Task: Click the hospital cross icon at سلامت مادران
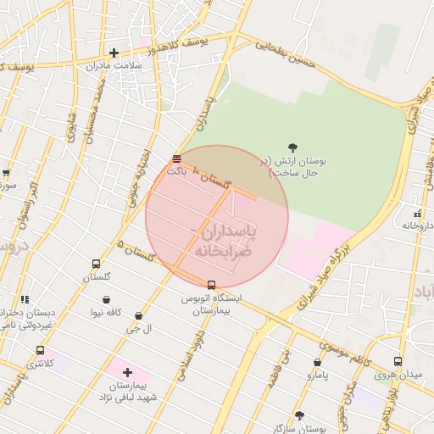[114, 53]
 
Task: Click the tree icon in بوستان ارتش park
[293, 147]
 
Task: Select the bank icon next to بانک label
[176, 159]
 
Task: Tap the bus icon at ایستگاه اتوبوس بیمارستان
[211, 285]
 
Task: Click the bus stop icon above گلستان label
[96, 264]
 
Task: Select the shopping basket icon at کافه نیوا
[106, 299]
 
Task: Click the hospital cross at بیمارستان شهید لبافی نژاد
[127, 373]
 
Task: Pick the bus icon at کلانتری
[40, 350]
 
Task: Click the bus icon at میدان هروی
[398, 361]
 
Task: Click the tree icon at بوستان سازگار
[299, 415]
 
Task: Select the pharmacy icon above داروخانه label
[416, 214]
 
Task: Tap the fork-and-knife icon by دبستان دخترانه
[24, 299]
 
